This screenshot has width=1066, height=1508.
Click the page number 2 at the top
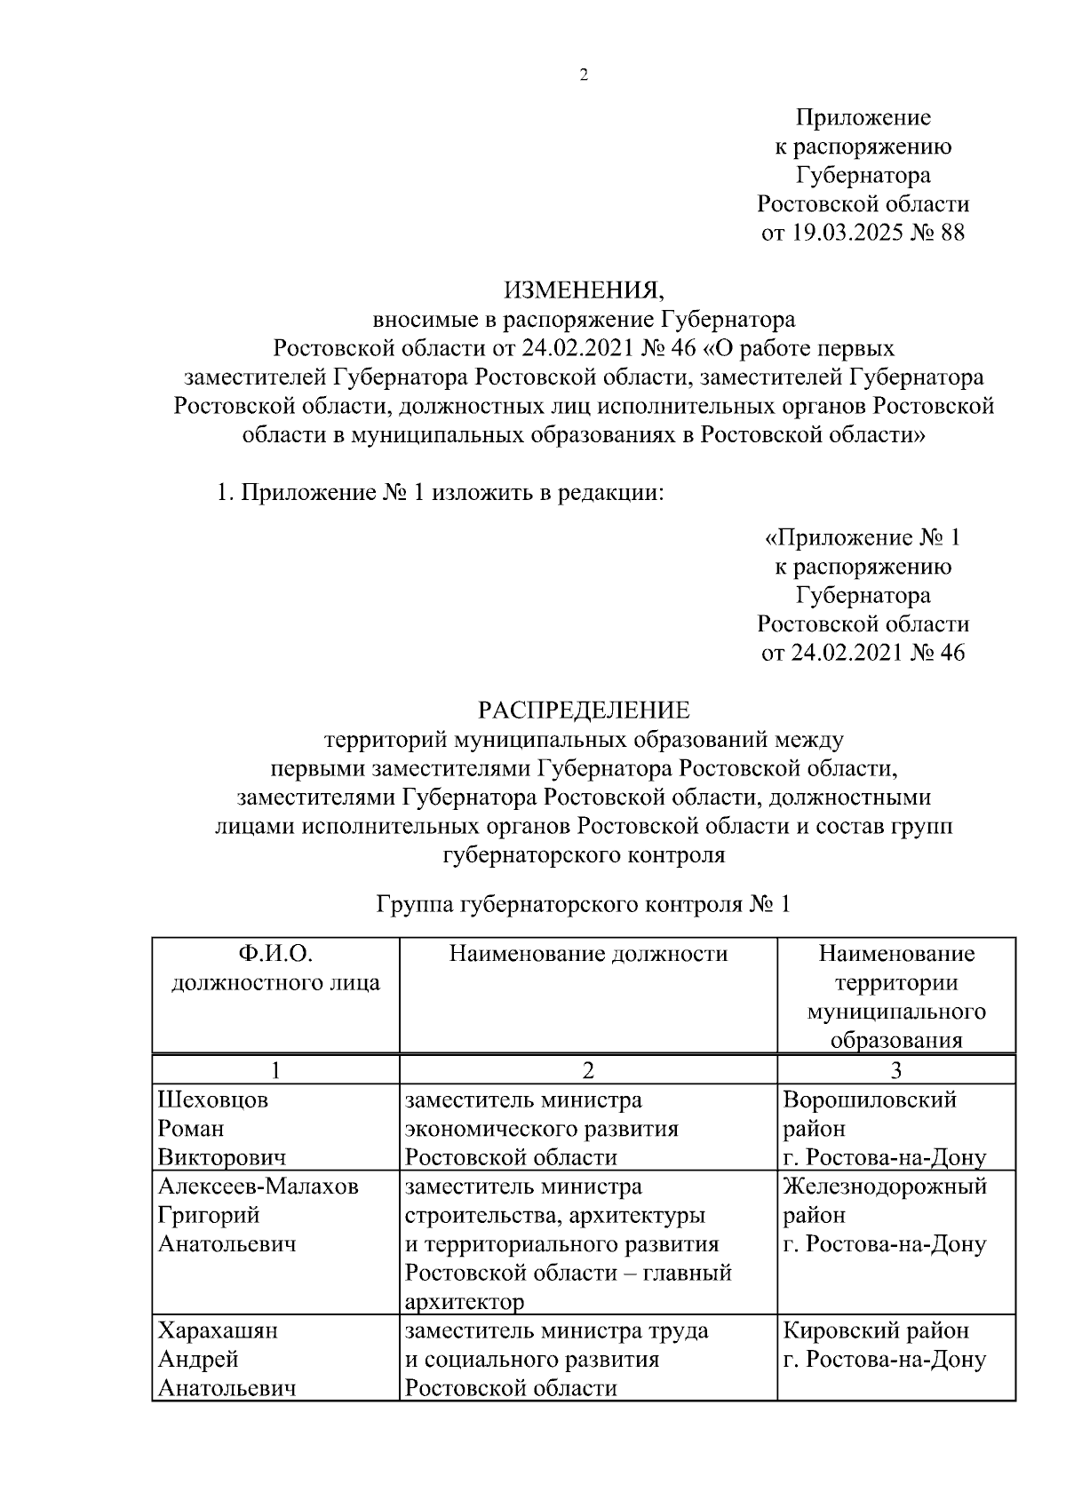584,75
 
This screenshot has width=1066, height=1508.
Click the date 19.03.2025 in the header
845,234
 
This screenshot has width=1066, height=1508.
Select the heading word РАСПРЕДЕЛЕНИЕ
584,710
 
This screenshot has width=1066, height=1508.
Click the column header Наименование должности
588,955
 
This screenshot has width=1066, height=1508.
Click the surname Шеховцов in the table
213,1100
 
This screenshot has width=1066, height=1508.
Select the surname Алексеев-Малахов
259,1187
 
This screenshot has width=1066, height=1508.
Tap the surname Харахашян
218,1331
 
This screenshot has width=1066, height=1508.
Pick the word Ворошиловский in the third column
870,1100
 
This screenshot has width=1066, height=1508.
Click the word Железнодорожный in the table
885,1187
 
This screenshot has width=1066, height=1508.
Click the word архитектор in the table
464,1303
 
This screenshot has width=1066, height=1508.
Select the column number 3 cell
896,1071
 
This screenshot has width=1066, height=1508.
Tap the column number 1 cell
275,1071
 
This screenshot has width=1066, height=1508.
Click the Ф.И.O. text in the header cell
275,955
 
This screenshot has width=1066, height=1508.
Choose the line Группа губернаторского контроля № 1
584,905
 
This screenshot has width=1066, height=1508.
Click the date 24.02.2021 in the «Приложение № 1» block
845,653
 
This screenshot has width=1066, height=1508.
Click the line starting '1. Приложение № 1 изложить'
441,493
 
